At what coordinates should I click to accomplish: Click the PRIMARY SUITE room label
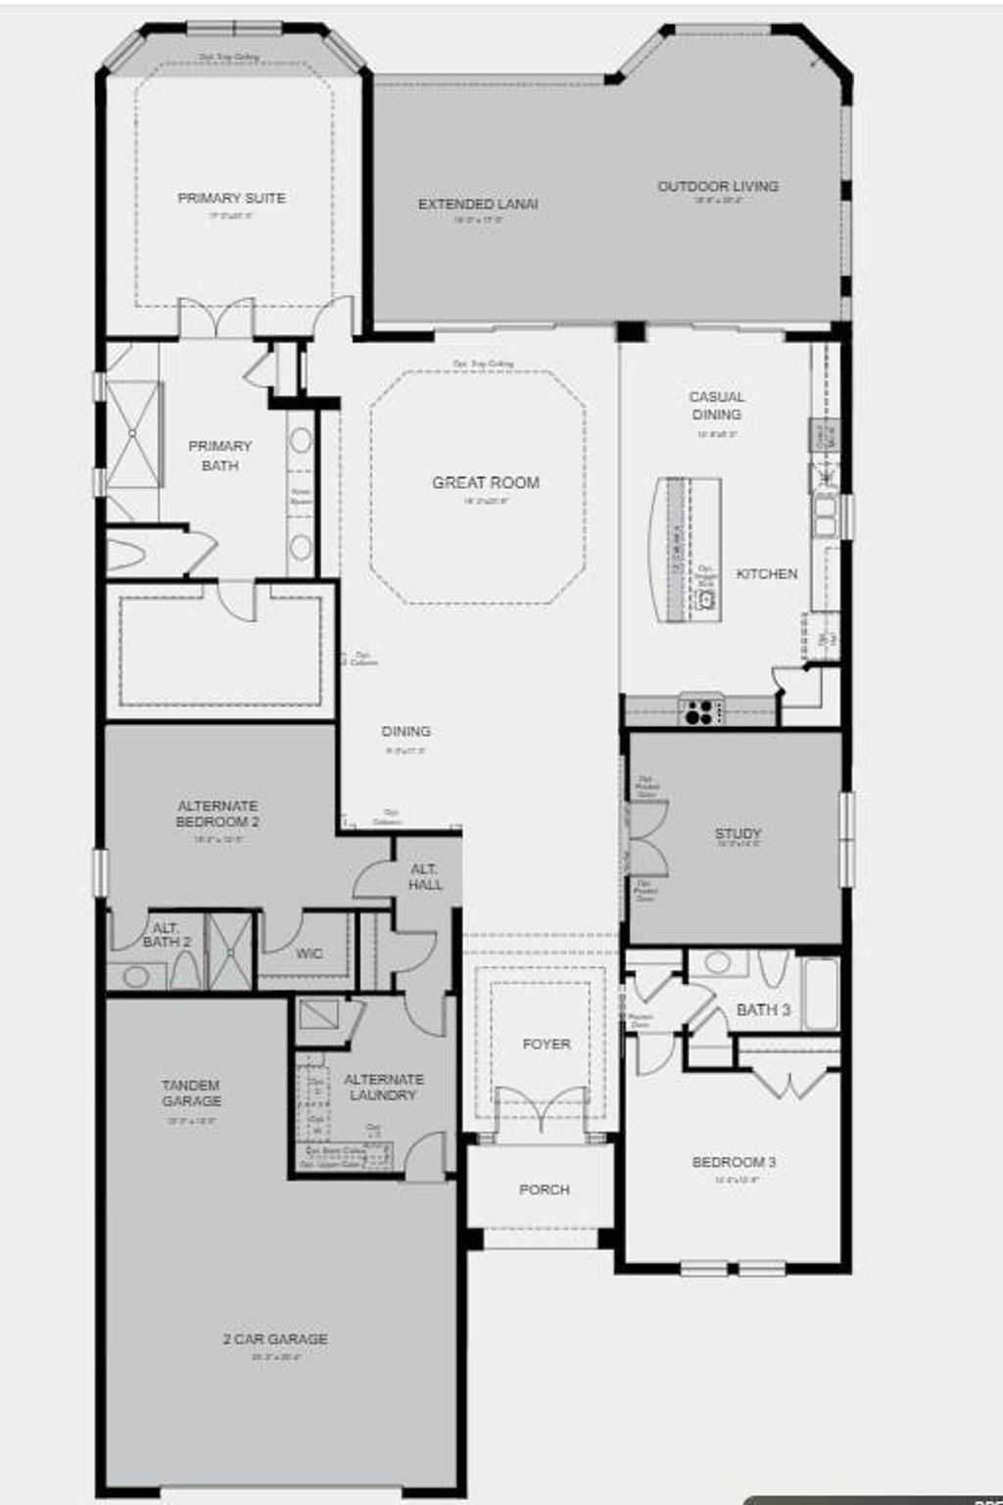(x=231, y=198)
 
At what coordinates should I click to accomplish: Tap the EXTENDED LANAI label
(x=478, y=205)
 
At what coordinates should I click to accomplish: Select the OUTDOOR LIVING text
(x=718, y=186)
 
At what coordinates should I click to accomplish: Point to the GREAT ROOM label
(x=486, y=482)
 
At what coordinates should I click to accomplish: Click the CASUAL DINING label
(x=716, y=406)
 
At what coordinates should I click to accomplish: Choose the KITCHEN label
(x=766, y=574)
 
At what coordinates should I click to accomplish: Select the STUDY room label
(x=738, y=834)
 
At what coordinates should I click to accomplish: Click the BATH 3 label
(x=763, y=1009)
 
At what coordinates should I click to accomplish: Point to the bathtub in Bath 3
(x=821, y=992)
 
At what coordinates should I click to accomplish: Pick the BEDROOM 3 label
(x=734, y=1162)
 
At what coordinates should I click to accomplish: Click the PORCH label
(x=544, y=1189)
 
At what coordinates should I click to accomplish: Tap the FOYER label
(x=546, y=1044)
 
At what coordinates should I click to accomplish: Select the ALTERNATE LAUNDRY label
(x=383, y=1087)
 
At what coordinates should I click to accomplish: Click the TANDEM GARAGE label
(x=191, y=1092)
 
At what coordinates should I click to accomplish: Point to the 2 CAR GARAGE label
(x=274, y=1338)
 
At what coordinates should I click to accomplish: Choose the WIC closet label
(x=309, y=953)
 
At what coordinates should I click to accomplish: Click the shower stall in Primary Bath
(x=132, y=434)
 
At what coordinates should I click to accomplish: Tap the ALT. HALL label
(x=425, y=877)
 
